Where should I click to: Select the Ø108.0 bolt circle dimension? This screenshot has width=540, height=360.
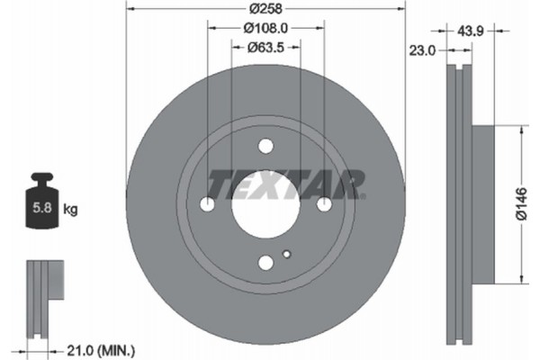click(x=265, y=30)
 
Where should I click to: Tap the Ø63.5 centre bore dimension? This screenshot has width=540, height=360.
click(x=265, y=48)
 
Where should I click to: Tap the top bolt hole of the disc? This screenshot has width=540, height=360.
click(x=265, y=146)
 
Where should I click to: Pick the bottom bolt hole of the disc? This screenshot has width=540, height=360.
click(x=265, y=263)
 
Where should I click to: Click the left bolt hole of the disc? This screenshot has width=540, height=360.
click(x=207, y=204)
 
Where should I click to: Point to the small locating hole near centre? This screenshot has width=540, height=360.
click(x=286, y=254)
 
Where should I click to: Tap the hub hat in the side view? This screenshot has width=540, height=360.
click(x=484, y=203)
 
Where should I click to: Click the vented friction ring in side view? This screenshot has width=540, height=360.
click(x=459, y=203)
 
